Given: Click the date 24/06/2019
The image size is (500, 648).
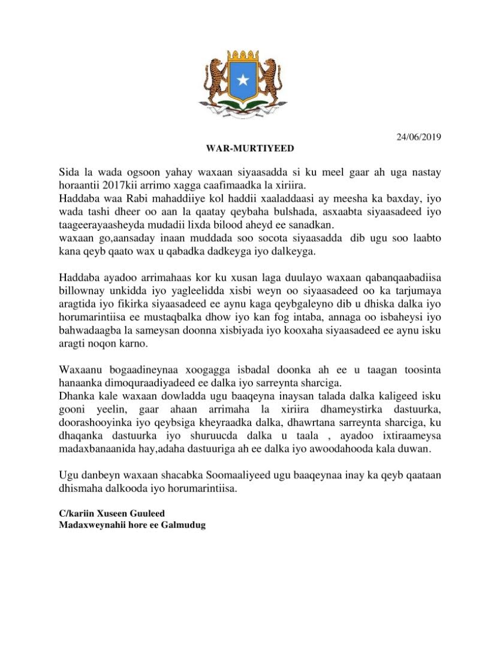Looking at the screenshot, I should pyautogui.click(x=420, y=136).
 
